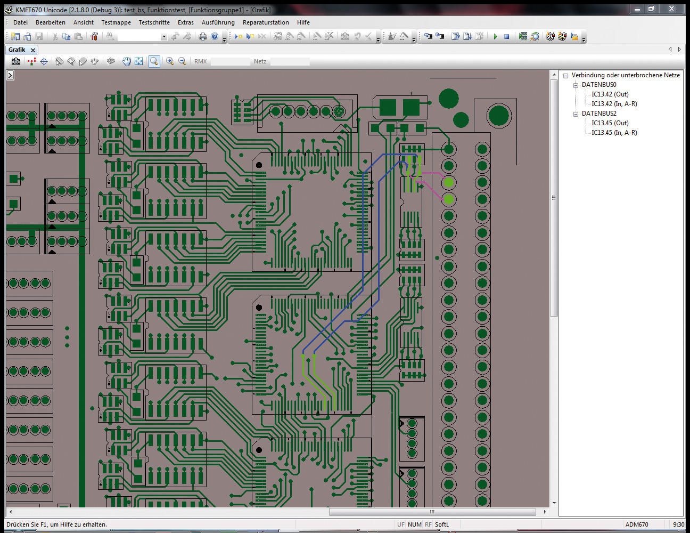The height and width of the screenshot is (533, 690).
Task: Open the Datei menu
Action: pos(20,22)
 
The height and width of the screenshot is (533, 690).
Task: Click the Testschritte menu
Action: pos(154,22)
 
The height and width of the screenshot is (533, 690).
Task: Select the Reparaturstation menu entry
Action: pos(266,22)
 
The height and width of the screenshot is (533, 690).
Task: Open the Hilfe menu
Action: pos(303,22)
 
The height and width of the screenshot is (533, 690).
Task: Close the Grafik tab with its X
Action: pos(32,50)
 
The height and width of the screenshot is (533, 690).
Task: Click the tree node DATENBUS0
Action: pos(599,85)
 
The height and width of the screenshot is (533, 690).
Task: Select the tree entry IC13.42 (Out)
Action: pos(610,94)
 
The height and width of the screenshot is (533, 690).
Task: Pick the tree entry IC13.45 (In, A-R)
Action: pos(614,133)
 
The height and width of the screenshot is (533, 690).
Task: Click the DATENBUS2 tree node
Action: pos(599,114)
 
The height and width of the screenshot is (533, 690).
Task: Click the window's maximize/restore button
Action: pos(651,9)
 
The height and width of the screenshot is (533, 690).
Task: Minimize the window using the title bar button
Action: pos(637,9)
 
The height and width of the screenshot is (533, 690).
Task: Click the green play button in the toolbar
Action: pos(495,37)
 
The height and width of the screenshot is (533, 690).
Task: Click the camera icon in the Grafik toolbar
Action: pos(16,61)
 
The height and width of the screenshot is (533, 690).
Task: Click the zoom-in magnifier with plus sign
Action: pos(170,61)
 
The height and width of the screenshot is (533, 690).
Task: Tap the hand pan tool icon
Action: pos(127,61)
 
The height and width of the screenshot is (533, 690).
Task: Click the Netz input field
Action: pos(290,62)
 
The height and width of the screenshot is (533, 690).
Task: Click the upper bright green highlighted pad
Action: pos(449,182)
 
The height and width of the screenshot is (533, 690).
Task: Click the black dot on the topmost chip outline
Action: pos(259,165)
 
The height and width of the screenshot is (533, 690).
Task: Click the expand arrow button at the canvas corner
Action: pos(11,75)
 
